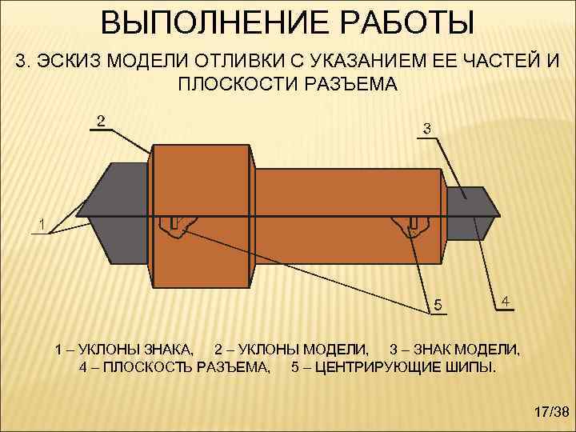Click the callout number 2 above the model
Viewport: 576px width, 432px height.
100,122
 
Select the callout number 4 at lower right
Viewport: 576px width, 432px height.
506,302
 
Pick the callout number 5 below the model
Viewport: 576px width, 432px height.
437,305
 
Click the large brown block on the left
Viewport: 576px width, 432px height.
200,216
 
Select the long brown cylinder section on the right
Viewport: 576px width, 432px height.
348,216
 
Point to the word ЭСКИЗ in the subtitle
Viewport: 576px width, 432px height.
75,63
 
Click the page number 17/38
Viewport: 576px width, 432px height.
550,412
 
